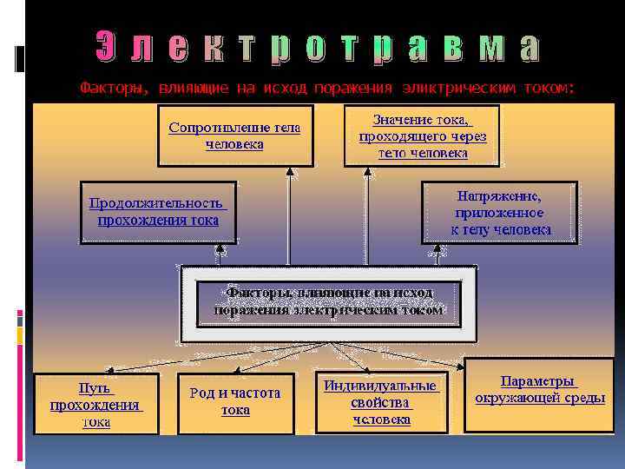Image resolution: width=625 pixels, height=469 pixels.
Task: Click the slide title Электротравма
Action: pos(316,49)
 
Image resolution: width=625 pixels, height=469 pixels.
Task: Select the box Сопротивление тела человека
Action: pos(234,136)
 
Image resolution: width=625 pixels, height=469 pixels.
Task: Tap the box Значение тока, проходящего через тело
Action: pos(423,136)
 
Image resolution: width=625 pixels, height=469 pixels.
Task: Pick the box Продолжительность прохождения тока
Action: pos(158,212)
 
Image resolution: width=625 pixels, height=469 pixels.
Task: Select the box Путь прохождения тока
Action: pos(96,404)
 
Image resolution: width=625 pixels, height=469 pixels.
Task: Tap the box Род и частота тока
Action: pos(235,401)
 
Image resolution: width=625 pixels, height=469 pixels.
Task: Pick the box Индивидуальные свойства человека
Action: pos(381,402)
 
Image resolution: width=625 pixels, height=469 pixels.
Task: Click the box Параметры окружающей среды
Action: pos(539,390)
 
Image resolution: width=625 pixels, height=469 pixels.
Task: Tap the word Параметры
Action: pos(537,381)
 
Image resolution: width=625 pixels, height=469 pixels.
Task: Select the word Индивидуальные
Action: pos(381,386)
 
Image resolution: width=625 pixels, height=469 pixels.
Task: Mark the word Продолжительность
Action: pos(157,203)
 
